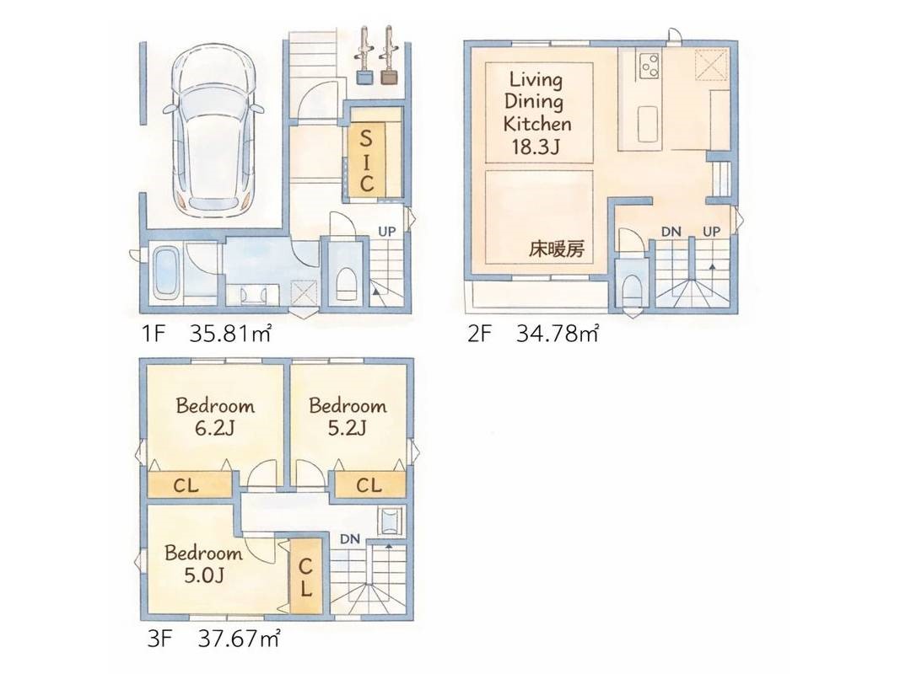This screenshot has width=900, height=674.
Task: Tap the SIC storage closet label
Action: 366,160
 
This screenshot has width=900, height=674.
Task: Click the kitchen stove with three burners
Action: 649,66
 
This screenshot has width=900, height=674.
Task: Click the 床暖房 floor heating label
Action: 556,249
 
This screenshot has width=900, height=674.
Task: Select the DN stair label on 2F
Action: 671,232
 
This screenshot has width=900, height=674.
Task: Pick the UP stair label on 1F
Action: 387,232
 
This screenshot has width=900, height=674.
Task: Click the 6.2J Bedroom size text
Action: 215,428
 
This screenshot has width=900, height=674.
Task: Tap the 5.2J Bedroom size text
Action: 348,428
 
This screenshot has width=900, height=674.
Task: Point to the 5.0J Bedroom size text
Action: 203,575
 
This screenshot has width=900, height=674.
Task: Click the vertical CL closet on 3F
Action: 304,577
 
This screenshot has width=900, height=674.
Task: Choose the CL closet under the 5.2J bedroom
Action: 370,485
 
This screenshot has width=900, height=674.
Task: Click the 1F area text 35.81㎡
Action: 229,333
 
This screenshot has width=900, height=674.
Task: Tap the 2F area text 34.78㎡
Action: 558,333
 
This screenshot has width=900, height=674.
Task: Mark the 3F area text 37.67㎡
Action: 239,639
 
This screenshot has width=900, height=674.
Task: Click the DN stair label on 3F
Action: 349,538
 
